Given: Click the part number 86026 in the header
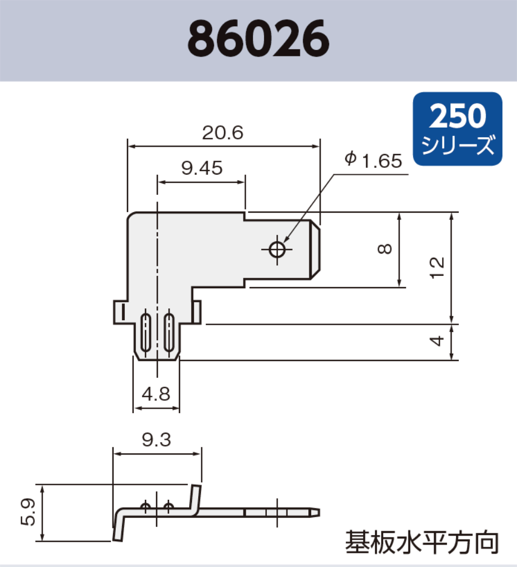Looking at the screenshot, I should [x=258, y=40].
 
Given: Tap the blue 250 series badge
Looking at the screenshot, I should [x=458, y=129].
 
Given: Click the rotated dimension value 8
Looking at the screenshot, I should [x=384, y=249].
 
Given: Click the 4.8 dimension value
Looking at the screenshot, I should [x=156, y=394].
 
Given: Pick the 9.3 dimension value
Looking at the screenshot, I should [x=157, y=441].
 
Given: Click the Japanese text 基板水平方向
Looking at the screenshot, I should [x=421, y=542].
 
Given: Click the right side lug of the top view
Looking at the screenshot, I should [x=196, y=312].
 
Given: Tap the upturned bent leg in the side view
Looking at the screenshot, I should [x=196, y=499].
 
